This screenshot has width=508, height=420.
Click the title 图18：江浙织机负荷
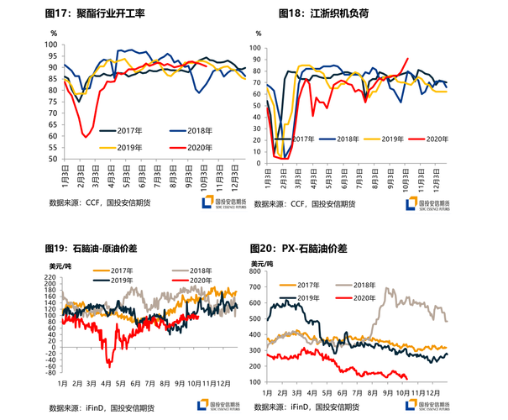coord(324,14)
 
